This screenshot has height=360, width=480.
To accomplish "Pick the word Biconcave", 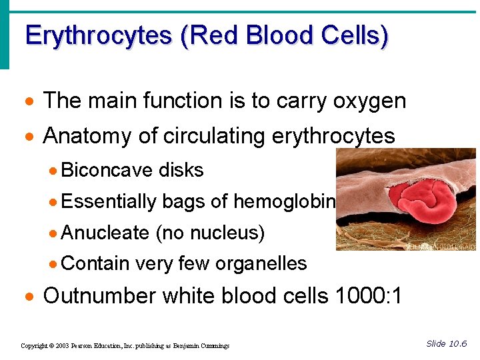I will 107,171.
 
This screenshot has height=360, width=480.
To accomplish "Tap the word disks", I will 181,171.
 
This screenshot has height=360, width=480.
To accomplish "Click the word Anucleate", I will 105,233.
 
